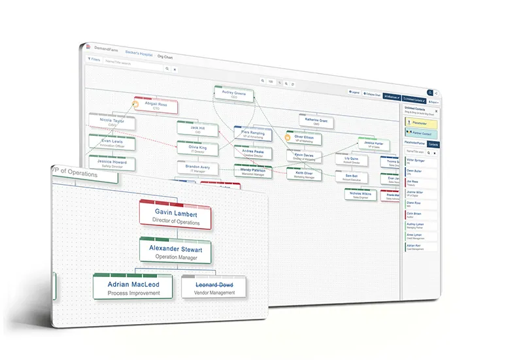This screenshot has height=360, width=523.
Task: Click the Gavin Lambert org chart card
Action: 175,216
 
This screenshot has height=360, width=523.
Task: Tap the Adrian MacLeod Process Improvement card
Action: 133,288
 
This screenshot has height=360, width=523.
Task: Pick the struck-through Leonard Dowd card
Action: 214,288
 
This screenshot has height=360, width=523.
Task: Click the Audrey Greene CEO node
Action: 234,95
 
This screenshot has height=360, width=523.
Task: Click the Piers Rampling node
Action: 252,135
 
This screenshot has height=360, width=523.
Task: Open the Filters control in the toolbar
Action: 94,59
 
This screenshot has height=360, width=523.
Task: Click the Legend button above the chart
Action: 354,93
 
